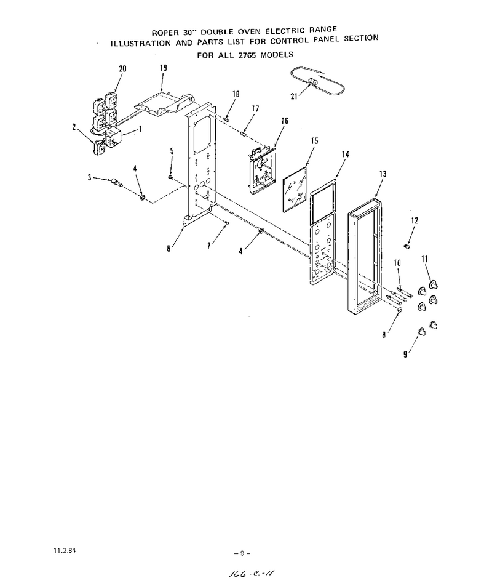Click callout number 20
(x=122, y=69)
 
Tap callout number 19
(x=163, y=68)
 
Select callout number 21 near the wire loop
(x=294, y=97)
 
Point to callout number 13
(x=383, y=174)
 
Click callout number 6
(x=169, y=248)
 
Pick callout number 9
(x=405, y=354)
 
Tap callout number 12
(x=415, y=220)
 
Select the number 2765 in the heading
(x=248, y=55)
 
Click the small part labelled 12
(x=407, y=246)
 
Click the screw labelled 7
(x=226, y=223)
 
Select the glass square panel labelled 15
(x=295, y=190)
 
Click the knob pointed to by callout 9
(x=421, y=332)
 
